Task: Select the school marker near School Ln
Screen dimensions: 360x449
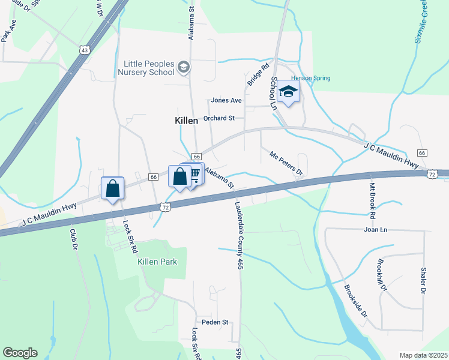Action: [288, 92]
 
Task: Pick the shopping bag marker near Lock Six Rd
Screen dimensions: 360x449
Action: [112, 188]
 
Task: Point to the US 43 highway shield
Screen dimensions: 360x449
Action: [85, 50]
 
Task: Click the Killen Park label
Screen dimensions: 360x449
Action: [157, 262]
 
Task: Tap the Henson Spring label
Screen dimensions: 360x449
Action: [310, 78]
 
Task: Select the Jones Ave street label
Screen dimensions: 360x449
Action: [226, 100]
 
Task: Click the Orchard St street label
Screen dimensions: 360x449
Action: [218, 118]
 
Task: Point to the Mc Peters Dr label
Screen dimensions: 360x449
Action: [286, 163]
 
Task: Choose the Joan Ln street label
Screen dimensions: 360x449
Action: [376, 229]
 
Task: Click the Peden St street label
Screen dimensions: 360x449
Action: [215, 322]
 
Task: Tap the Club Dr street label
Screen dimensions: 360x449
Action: [74, 239]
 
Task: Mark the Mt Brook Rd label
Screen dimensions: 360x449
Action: [373, 200]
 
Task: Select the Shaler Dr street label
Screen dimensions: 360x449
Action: [423, 280]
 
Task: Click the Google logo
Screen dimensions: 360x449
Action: [20, 353]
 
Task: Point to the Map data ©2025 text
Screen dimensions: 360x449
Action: [423, 355]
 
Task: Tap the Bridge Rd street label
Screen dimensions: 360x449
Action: [256, 74]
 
